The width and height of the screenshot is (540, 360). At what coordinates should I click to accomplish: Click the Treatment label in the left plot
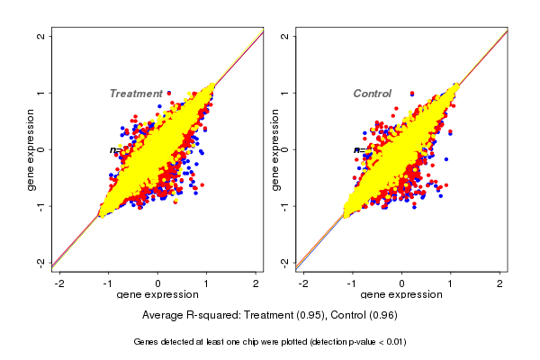pyautogui.click(x=136, y=94)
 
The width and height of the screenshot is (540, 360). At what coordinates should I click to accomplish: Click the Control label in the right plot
pyautogui.click(x=372, y=94)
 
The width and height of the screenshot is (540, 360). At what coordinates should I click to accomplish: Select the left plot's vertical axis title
pyautogui.click(x=31, y=149)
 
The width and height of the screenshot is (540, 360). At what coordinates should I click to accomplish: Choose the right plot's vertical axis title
pyautogui.click(x=274, y=149)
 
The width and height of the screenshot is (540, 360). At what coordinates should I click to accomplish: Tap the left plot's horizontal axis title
pyautogui.click(x=157, y=295)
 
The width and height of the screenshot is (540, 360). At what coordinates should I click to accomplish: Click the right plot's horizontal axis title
pyautogui.click(x=401, y=295)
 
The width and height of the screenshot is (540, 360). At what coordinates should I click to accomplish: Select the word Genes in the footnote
pyautogui.click(x=147, y=342)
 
